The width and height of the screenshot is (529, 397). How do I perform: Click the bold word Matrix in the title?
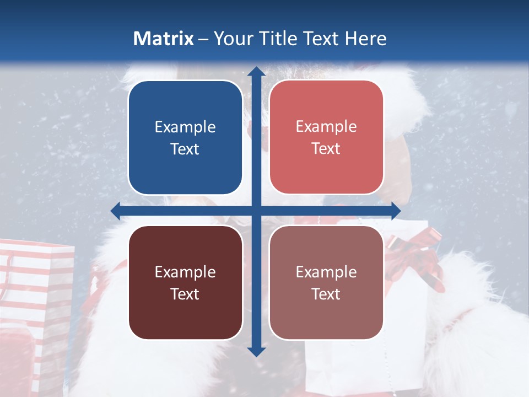click(x=164, y=39)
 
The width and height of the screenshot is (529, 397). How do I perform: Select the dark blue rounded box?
click(x=185, y=138)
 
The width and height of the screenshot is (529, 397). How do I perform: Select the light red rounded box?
click(x=326, y=137)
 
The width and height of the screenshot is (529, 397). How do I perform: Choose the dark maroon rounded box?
click(x=185, y=282)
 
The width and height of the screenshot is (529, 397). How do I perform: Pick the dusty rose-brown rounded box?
click(x=326, y=282)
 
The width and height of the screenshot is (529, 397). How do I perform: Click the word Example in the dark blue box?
click(x=185, y=127)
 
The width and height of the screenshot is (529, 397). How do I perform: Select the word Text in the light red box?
click(x=326, y=149)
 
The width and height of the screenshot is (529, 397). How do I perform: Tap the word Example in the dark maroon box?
click(x=185, y=272)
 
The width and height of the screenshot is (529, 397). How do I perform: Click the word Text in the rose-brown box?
click(x=326, y=294)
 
